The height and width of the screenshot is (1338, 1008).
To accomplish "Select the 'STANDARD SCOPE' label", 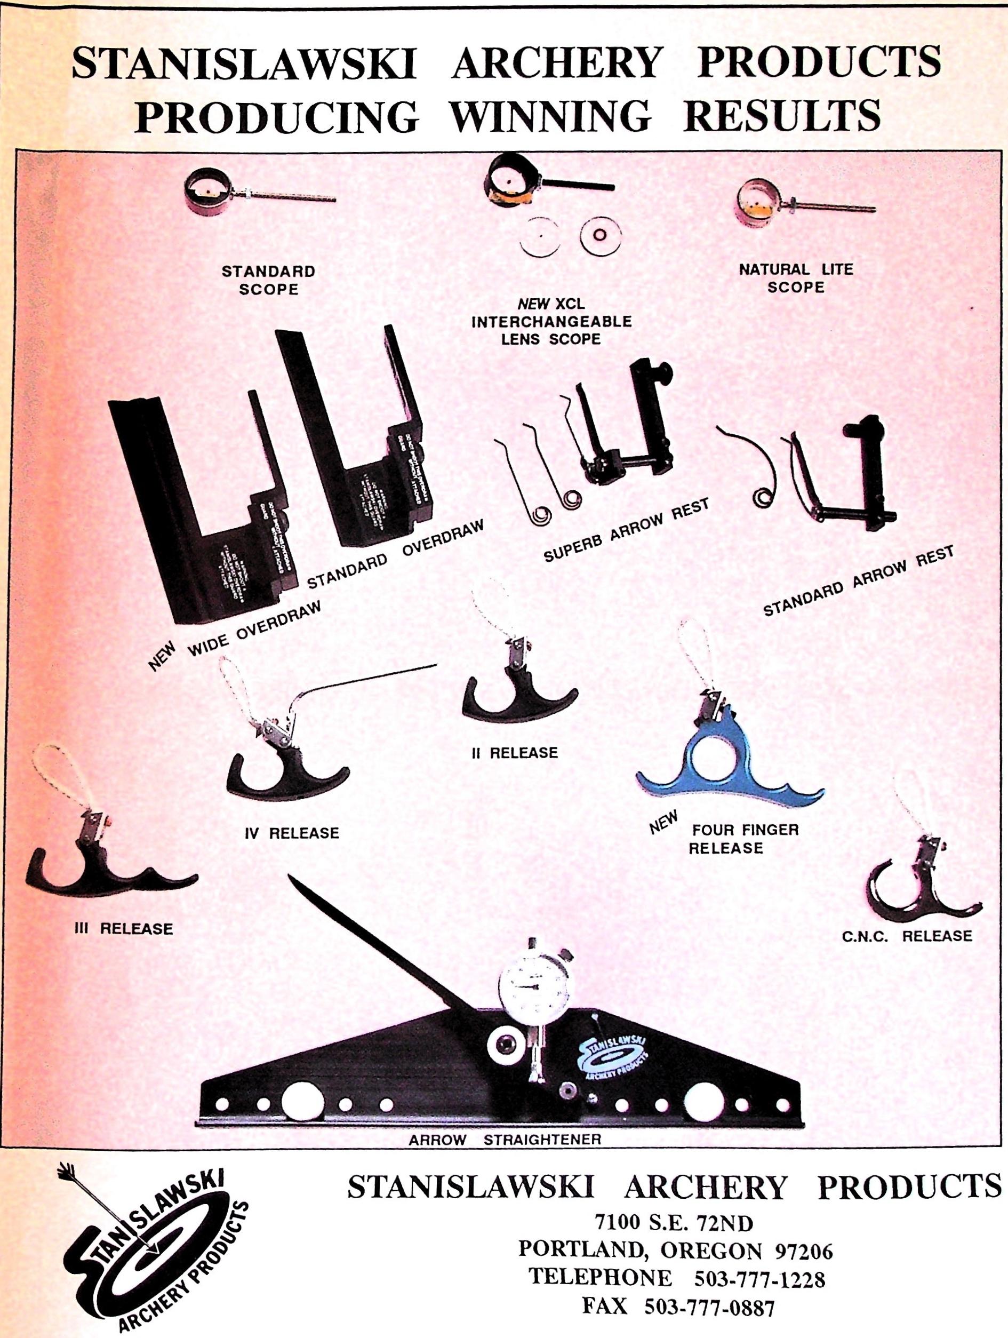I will (x=268, y=280).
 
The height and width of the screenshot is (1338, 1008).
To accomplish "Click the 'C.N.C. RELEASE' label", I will (x=907, y=936).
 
